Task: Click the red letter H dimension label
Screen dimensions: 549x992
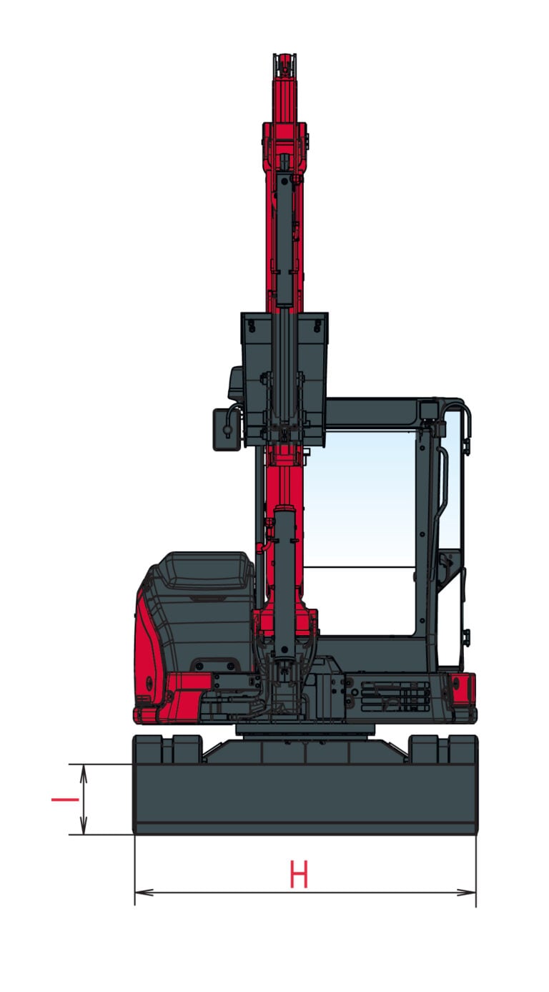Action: coord(298,874)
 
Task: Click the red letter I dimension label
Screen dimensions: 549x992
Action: coord(65,800)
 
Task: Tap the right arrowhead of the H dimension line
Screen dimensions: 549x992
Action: coord(467,892)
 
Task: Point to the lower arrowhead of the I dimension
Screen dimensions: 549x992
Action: coord(83,825)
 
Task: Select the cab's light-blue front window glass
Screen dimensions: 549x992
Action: coord(360,499)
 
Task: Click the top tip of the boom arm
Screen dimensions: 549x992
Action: coord(285,55)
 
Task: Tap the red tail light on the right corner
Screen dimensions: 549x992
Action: coord(463,691)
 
